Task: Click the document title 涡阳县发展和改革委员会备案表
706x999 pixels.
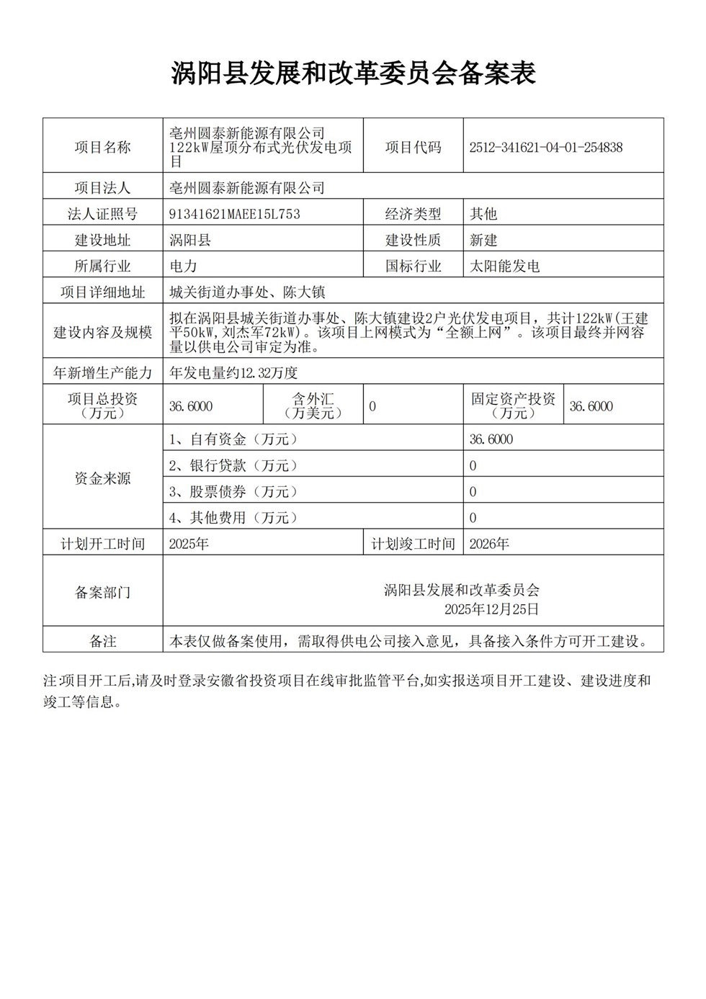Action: coord(353,73)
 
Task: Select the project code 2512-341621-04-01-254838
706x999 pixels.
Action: coord(545,148)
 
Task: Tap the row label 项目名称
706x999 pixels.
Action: coord(103,148)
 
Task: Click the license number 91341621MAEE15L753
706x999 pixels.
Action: coord(234,214)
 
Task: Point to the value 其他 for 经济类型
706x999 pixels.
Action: coord(483,214)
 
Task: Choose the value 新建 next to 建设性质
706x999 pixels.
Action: coord(483,240)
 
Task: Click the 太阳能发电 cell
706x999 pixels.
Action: coord(504,266)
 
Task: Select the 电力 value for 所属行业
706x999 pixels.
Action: coord(183,266)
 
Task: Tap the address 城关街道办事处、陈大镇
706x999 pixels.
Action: coord(247,292)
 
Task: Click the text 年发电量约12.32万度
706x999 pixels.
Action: coord(233,372)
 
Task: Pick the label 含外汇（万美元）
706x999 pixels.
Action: coord(313,406)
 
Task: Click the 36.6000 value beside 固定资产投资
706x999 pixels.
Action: coord(591,406)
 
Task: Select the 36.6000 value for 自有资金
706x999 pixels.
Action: coord(491,439)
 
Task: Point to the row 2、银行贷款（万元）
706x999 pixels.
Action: coord(233,465)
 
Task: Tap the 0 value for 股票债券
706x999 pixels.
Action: coord(473,492)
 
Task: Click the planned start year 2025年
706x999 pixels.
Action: coord(189,544)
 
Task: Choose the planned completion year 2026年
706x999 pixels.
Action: coord(489,544)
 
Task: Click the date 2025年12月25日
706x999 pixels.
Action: coord(491,609)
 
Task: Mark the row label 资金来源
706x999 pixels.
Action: coord(103,478)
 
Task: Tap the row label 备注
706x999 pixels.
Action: coord(103,640)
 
